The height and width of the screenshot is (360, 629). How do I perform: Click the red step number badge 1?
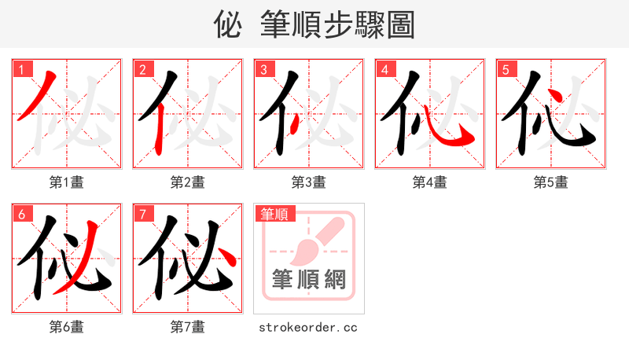(21, 69)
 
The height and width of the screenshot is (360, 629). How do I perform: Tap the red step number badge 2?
(142, 69)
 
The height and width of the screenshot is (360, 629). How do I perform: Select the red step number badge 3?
(263, 69)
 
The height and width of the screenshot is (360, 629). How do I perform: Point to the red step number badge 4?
(384, 69)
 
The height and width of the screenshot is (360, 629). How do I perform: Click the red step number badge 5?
(506, 69)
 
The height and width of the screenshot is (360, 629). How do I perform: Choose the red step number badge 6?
(21, 214)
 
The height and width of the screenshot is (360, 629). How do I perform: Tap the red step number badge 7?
(142, 214)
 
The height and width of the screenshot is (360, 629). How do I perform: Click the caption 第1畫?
(67, 182)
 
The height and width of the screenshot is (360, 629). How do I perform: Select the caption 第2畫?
(188, 182)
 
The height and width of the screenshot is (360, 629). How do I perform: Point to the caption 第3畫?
(309, 182)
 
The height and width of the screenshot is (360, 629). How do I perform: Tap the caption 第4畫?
(430, 182)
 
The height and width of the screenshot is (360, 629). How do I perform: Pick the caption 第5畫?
(551, 182)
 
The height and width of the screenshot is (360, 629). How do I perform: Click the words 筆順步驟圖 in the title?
(338, 25)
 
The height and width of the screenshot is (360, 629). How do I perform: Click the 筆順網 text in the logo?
(309, 279)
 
